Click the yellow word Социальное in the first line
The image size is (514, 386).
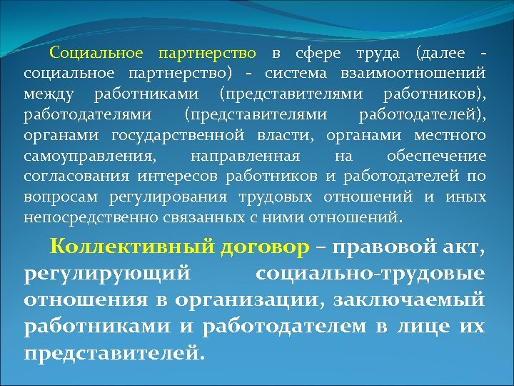pyautogui.click(x=97, y=54)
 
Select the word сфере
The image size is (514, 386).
pyautogui.click(x=313, y=54)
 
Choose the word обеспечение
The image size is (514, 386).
pyautogui.click(x=436, y=157)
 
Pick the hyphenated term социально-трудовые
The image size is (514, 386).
pyautogui.click(x=371, y=273)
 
